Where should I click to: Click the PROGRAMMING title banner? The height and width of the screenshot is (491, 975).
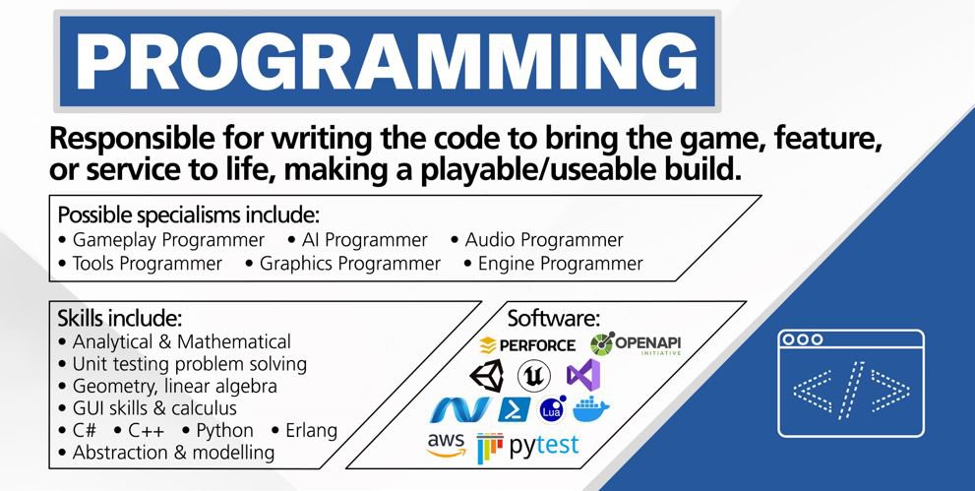388,61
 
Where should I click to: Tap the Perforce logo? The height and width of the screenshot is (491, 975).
528,345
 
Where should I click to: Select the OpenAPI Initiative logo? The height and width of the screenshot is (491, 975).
636,343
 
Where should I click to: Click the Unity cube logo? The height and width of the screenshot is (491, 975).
487,377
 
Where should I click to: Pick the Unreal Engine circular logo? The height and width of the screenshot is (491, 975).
534,376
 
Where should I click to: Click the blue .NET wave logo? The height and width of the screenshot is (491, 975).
460,410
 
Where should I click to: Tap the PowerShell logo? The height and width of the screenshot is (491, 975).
515,409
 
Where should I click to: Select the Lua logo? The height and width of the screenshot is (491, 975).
553,409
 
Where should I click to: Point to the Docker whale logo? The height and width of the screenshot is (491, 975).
590,409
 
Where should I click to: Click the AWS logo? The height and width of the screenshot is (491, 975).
446,445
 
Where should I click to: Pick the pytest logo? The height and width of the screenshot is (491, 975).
528,447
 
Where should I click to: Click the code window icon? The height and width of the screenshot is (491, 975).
851,384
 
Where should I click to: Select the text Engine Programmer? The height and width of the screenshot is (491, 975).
553,264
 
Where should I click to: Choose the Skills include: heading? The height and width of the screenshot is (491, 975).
120,318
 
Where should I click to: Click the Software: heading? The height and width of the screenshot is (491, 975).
554,318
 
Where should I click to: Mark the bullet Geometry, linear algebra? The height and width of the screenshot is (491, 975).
167,386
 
